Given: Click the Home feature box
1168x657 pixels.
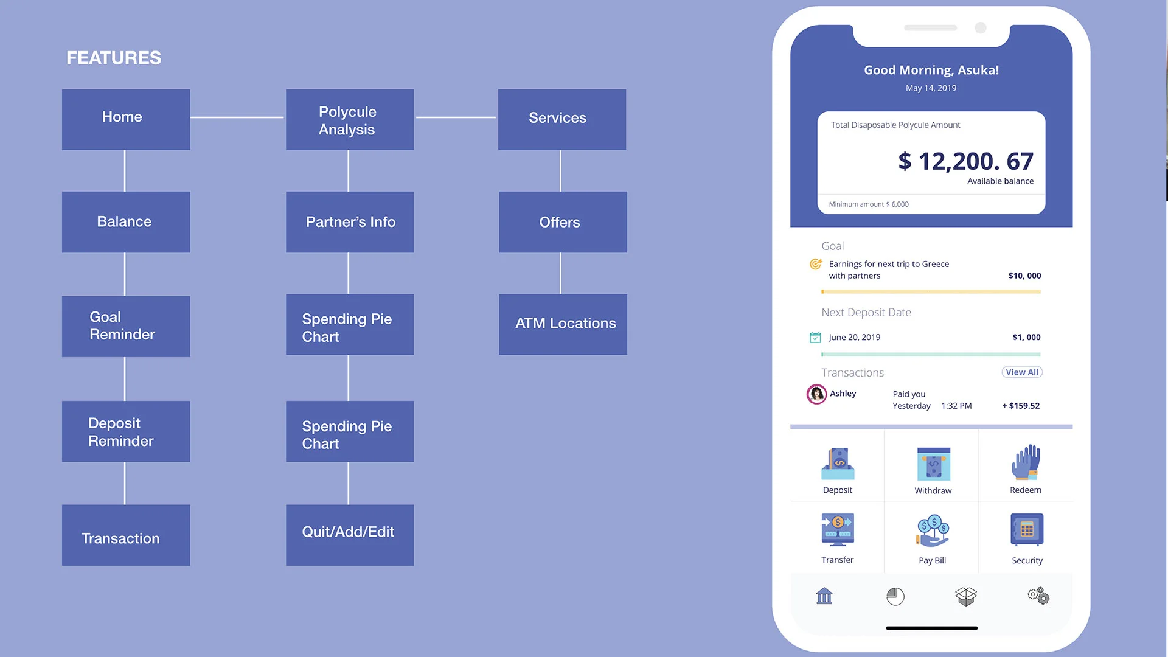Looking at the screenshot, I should click(126, 119).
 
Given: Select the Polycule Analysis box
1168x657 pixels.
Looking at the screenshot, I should click(350, 119).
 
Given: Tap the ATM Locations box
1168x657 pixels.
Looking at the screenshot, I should click(563, 324).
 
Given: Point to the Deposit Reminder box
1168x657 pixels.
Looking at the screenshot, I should click(126, 431).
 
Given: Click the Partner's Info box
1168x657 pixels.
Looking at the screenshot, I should click(350, 222).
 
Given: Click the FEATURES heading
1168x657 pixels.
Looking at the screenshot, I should click(114, 58).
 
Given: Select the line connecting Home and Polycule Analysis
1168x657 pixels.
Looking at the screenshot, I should click(237, 117).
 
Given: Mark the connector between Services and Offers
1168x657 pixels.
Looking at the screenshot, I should click(560, 171).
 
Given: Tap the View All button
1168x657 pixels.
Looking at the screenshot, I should click(1022, 372).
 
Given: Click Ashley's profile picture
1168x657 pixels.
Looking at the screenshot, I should click(816, 394).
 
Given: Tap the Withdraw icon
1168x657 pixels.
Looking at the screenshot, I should click(933, 464).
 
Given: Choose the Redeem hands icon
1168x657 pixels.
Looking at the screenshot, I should click(1026, 463).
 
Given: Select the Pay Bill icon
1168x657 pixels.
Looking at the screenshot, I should click(933, 531).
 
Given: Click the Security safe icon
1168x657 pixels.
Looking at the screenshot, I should click(1027, 530).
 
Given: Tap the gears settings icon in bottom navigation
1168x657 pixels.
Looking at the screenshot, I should click(1038, 596).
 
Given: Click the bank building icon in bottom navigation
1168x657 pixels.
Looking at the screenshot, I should click(824, 596).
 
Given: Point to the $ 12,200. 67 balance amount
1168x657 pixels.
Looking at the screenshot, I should click(965, 161).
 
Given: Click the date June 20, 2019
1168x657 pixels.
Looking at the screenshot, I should click(854, 338).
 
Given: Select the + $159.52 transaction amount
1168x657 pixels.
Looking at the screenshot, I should click(1021, 406).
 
